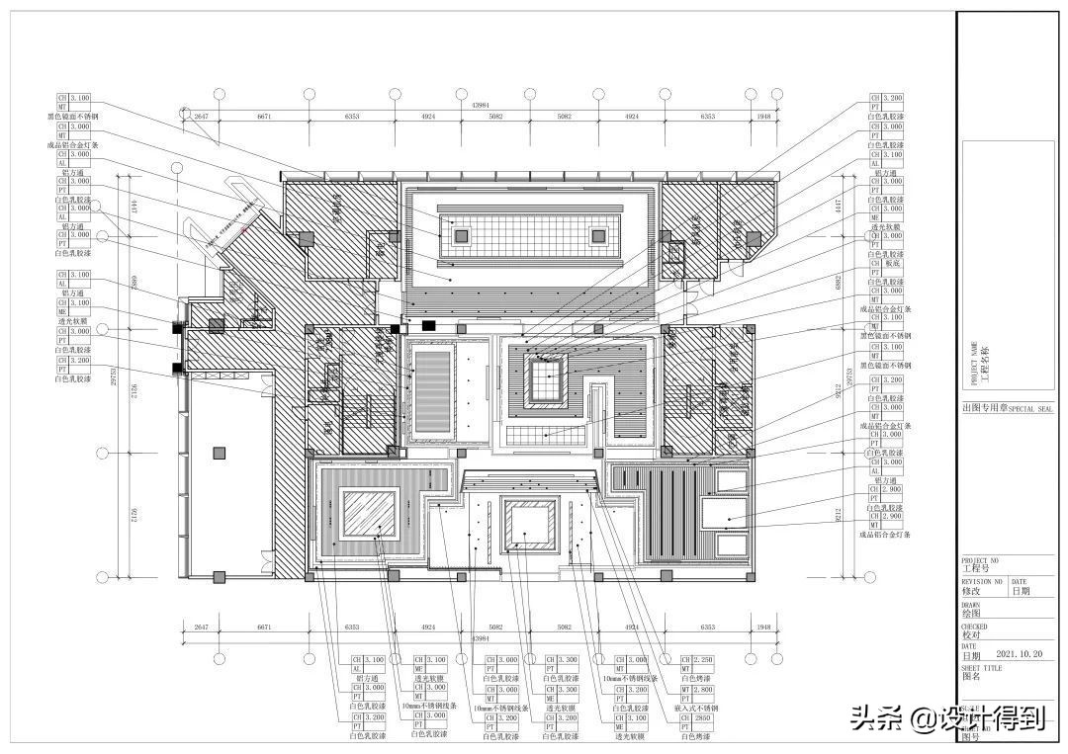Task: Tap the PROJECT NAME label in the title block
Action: tap(975, 364)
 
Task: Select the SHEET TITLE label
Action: tap(981, 668)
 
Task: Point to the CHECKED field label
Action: tap(975, 627)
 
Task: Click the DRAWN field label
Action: tap(973, 604)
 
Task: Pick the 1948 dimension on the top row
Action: tap(762, 116)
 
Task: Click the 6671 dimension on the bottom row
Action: tap(264, 628)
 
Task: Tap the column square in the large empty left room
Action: tap(219, 453)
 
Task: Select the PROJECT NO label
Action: tap(980, 559)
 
